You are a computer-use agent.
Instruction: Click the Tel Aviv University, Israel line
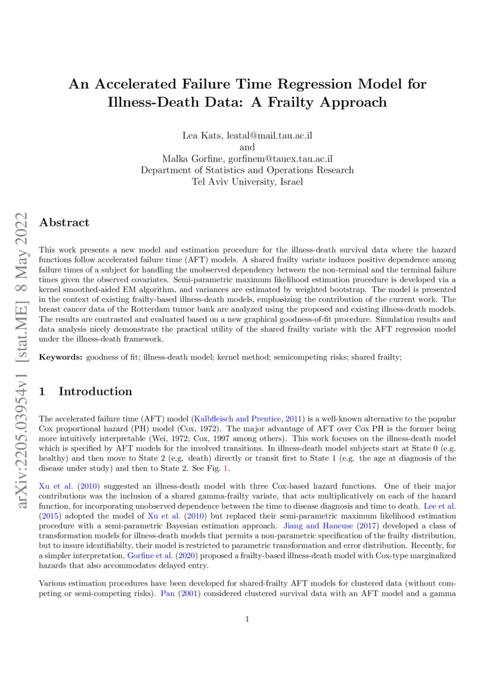coord(247,181)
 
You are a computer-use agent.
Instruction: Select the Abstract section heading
coord(64,222)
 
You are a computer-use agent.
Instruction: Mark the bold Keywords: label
coord(60,357)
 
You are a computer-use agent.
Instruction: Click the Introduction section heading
coord(95,391)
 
